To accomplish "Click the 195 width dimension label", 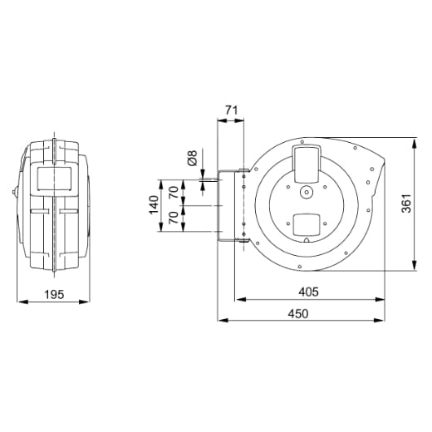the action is (54, 294).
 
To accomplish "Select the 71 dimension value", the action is (231, 110).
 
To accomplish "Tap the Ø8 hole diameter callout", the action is (192, 158).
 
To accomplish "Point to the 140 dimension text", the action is (154, 205).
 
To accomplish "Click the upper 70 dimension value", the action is (174, 192).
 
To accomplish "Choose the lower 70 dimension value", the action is (174, 218).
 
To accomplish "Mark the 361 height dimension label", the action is (406, 204).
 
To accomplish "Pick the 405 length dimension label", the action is (308, 292).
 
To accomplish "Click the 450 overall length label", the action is (298, 314).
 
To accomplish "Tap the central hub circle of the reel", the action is (307, 192).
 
